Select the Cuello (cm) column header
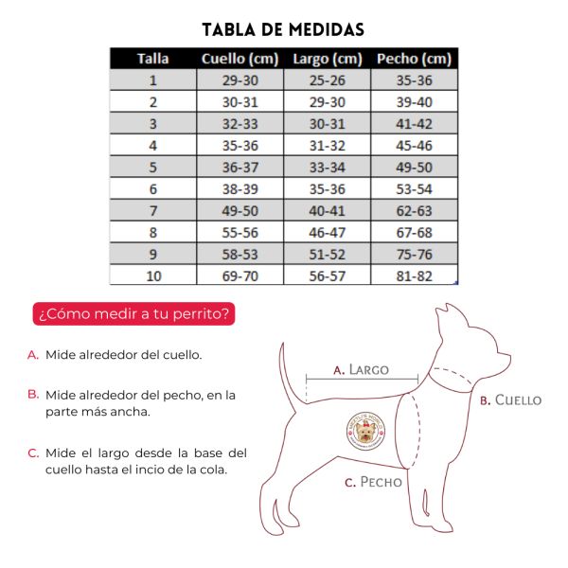click(240, 59)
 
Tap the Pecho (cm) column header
click(414, 59)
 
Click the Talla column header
click(152, 59)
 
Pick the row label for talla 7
click(152, 211)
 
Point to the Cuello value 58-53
click(240, 255)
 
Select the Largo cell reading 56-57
click(327, 276)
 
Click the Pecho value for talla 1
click(414, 80)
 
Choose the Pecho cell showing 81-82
click(414, 276)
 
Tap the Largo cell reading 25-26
click(327, 80)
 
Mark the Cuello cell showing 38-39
click(240, 189)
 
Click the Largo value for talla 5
click(327, 168)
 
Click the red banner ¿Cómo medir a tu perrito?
click(133, 314)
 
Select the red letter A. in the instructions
click(33, 355)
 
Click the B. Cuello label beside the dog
click(510, 399)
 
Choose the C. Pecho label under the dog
click(374, 482)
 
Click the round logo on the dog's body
click(365, 432)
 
